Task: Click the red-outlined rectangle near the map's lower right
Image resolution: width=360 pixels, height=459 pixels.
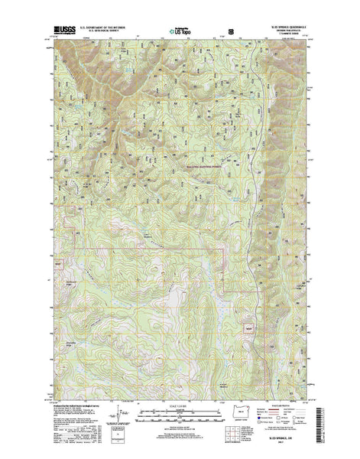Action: click(247, 308)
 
